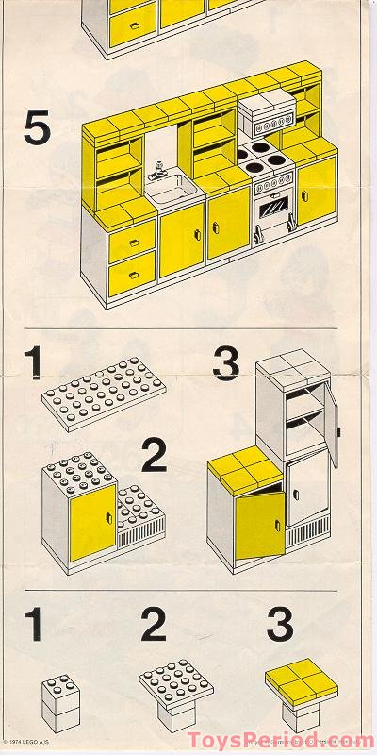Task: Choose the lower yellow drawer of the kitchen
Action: click(x=132, y=273)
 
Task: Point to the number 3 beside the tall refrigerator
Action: click(x=226, y=363)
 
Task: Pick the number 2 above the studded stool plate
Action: click(x=154, y=627)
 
